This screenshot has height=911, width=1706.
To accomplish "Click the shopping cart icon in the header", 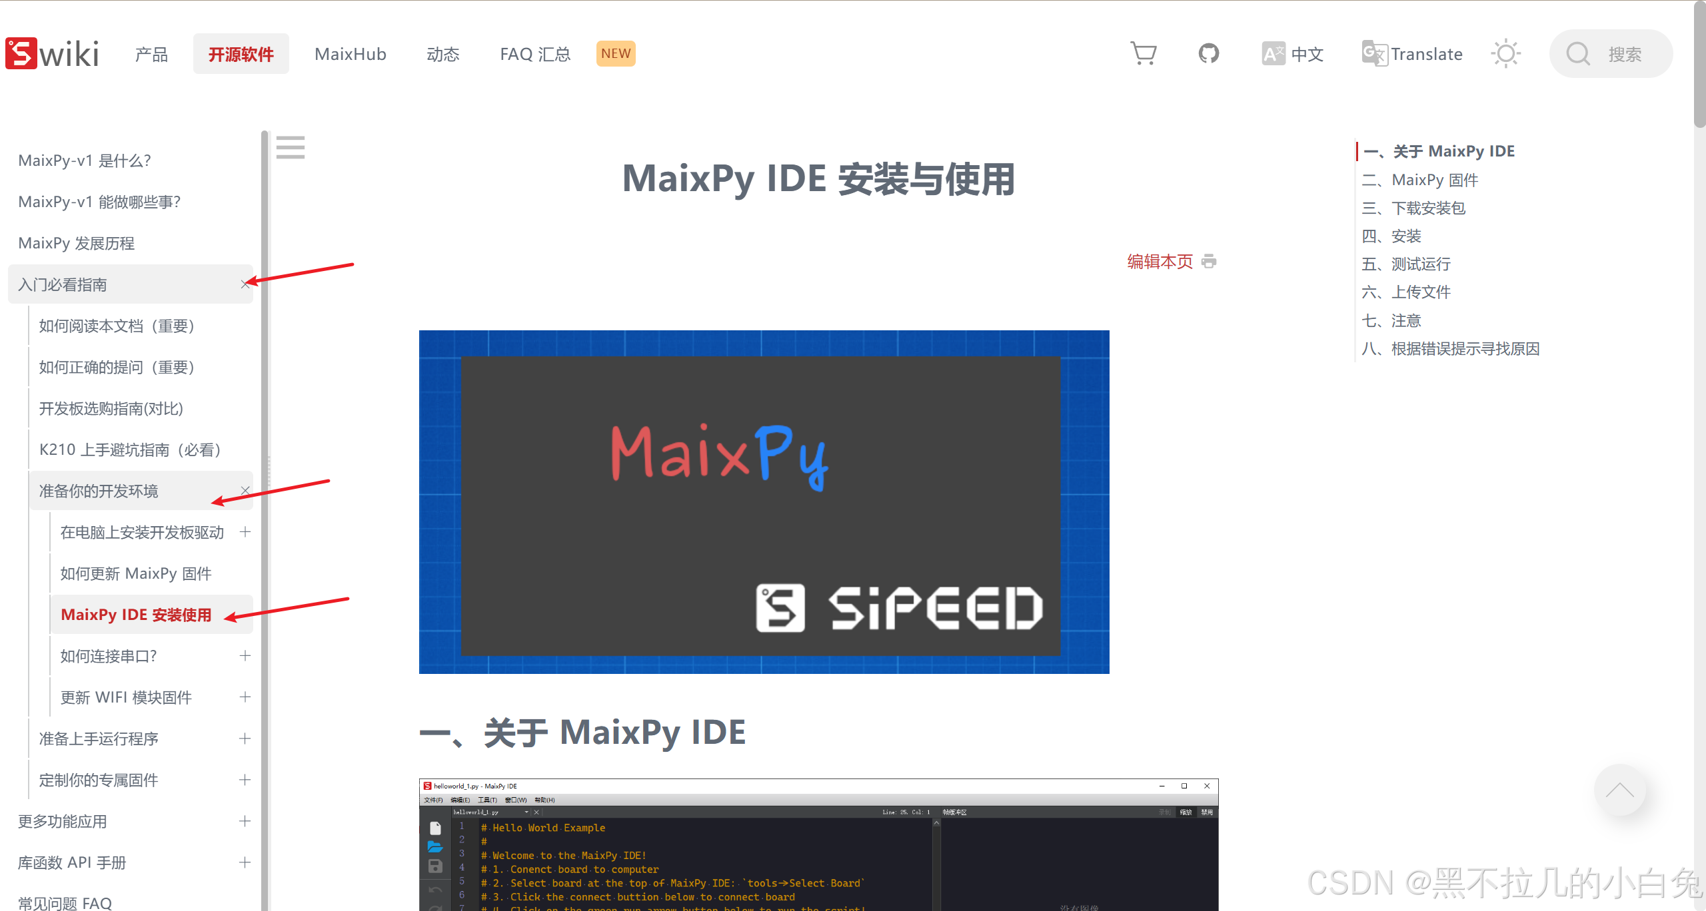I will point(1144,53).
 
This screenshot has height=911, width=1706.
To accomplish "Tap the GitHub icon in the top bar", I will point(1208,53).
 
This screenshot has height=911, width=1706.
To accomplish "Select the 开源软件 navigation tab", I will point(241,54).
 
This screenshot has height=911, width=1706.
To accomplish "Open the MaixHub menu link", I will point(351,54).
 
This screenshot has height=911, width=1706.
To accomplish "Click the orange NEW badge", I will point(615,53).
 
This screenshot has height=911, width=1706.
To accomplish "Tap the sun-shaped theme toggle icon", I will point(1505,53).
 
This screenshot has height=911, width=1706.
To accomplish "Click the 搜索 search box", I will point(1611,54).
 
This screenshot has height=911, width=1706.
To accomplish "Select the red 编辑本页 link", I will point(1160,262).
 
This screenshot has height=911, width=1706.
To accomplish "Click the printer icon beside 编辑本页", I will point(1209,261).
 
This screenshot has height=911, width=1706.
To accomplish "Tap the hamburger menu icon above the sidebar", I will point(291,147).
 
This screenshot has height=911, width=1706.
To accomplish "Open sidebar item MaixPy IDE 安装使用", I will point(136,615).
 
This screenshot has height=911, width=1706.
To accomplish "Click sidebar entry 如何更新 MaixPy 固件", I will point(136,573).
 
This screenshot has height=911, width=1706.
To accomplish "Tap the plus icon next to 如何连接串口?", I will point(245,656).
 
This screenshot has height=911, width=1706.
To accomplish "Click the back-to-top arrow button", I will point(1619,790).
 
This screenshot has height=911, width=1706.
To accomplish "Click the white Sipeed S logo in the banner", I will point(780,608).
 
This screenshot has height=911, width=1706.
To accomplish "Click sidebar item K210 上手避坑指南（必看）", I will point(130,450).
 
